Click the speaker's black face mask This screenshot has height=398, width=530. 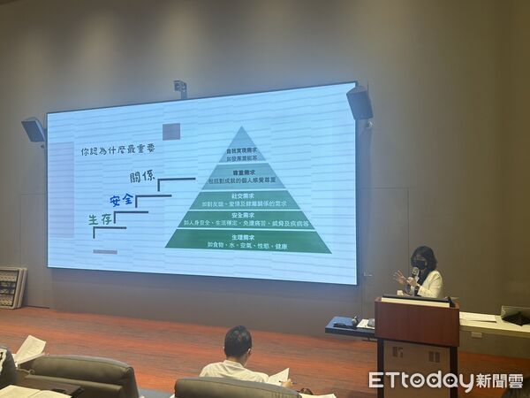click(421, 264)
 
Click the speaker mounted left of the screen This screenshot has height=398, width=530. click(34, 129)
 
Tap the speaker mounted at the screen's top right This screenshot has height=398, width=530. click(360, 103)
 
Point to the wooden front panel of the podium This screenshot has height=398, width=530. click(417, 325)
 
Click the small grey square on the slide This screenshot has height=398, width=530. click(171, 131)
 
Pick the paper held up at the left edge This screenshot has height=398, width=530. click(28, 348)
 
